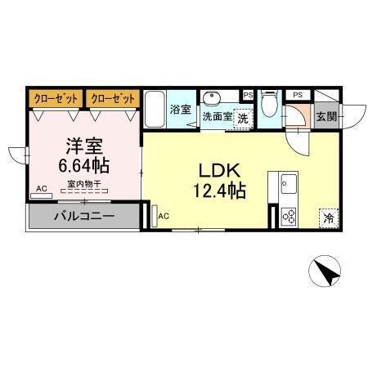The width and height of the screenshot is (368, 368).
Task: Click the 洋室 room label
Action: (x=83, y=146)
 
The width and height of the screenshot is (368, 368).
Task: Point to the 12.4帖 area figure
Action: (x=219, y=192)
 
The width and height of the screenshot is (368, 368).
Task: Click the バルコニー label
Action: (x=85, y=217)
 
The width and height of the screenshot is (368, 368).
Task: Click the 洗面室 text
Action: (x=217, y=116)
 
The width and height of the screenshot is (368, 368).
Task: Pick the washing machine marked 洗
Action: (x=242, y=118)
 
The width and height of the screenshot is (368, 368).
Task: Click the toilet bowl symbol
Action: (x=270, y=105)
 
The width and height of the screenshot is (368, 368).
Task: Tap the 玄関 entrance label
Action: (x=325, y=117)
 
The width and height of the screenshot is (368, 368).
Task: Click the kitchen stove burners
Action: (x=289, y=216)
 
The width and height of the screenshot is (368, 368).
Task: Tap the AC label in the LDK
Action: (x=164, y=216)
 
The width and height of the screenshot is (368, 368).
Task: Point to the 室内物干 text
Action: (x=83, y=183)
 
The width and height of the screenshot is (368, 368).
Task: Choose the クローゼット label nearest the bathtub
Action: (x=113, y=98)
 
